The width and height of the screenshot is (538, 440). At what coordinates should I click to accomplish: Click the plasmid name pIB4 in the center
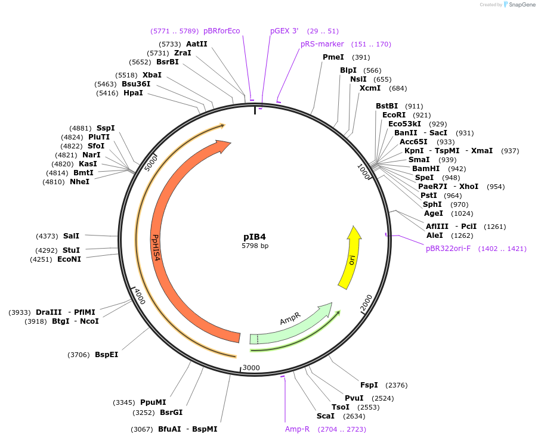click(255, 237)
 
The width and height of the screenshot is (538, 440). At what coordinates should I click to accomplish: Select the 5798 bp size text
click(255, 246)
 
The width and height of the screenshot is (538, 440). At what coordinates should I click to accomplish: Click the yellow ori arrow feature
click(350, 257)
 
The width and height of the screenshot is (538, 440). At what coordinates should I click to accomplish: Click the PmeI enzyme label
click(333, 57)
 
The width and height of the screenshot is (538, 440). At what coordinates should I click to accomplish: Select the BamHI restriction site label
click(426, 169)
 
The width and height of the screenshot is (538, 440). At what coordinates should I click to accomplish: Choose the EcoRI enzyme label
click(394, 115)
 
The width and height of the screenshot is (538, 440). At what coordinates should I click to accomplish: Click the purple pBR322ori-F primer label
click(448, 248)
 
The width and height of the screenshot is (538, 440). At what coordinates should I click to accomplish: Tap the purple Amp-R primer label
click(297, 429)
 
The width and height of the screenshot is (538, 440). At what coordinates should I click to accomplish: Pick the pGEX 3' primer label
click(284, 30)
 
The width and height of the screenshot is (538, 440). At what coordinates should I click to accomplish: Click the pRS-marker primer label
click(322, 44)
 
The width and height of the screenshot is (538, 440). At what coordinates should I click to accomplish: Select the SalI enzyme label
click(71, 236)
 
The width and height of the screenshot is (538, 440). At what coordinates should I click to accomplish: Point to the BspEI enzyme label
click(106, 355)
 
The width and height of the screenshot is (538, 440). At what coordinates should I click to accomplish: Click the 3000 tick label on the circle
click(252, 367)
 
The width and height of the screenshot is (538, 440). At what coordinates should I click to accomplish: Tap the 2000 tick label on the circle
click(366, 303)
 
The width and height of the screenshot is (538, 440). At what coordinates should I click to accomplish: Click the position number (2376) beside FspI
click(397, 385)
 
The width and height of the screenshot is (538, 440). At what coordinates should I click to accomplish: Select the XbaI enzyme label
click(151, 75)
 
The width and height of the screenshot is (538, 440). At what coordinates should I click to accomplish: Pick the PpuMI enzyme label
click(153, 402)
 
